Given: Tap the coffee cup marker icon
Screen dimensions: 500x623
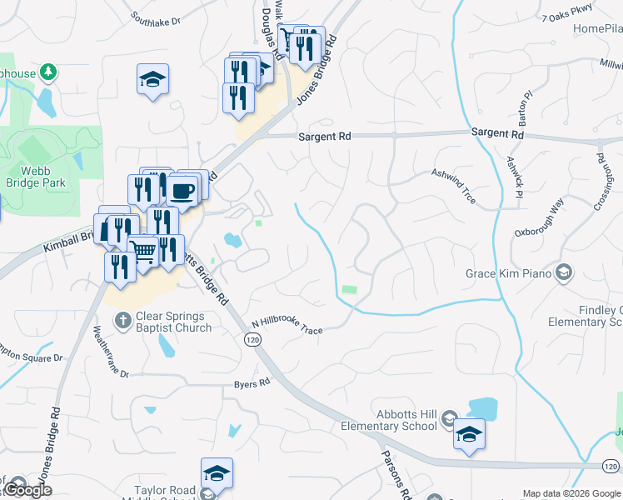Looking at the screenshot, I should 182,191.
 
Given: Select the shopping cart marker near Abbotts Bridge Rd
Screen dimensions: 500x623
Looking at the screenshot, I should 143,250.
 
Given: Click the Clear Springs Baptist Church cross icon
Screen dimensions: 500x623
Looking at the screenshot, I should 122,320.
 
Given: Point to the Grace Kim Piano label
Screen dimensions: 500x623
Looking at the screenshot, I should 509,272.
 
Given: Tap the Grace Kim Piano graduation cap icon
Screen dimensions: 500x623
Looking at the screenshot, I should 565,272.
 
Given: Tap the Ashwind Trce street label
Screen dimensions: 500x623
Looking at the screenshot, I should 453,185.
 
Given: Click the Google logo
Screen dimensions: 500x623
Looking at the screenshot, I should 27,490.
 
